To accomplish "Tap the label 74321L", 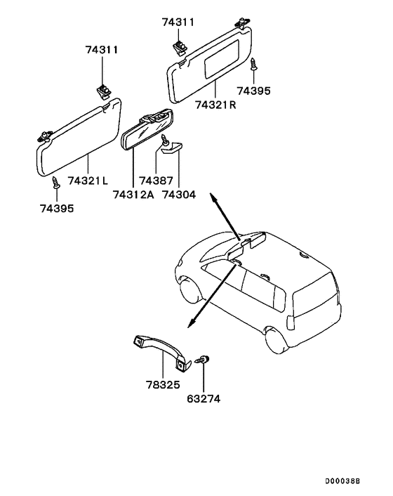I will coord(88,181).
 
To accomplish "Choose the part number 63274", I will coord(203,398).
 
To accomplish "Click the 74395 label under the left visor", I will coord(56,208).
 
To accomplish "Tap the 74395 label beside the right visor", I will coord(253,91).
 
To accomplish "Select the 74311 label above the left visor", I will coord(102,51).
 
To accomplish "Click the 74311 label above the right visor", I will coord(178,22).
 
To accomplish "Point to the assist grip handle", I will coord(161,348).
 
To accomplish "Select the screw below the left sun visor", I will coord(55,184).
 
